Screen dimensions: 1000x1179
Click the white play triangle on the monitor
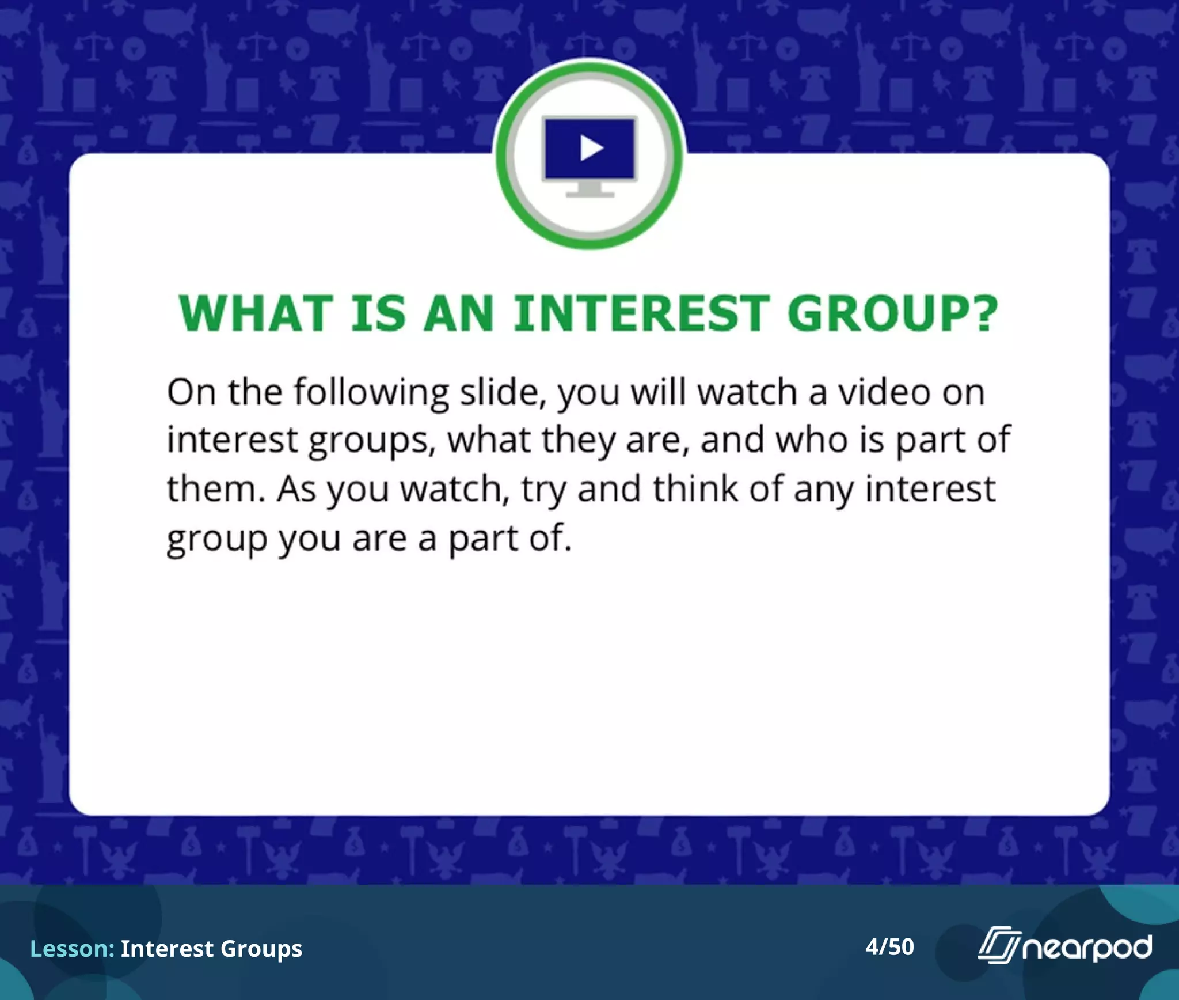592,148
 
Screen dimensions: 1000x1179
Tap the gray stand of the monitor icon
590,190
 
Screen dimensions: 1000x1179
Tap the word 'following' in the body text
371,393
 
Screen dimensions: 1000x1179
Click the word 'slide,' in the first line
503,393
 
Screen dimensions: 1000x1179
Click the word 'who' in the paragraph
812,440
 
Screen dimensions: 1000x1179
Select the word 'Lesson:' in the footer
72,948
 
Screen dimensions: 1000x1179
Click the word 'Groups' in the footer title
261,949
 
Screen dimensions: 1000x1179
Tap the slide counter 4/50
889,946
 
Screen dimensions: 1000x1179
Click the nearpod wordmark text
1087,948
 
